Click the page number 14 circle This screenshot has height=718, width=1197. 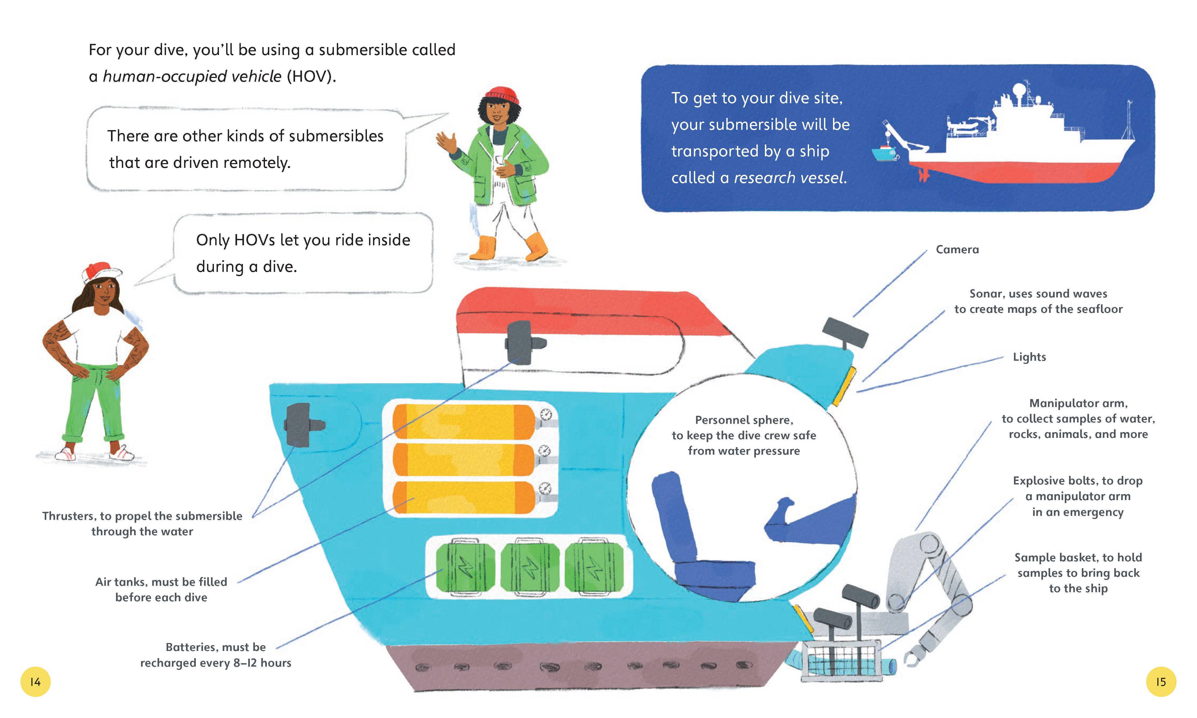(35, 682)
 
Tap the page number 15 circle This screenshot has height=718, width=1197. (1161, 682)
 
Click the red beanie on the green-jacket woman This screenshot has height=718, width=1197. (502, 94)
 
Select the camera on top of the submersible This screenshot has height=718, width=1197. (845, 331)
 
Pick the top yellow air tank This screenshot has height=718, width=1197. (463, 421)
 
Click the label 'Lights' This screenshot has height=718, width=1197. (1029, 357)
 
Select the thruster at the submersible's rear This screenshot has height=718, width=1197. (303, 425)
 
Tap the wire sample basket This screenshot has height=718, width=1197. (842, 661)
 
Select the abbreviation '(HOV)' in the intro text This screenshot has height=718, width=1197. (311, 76)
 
